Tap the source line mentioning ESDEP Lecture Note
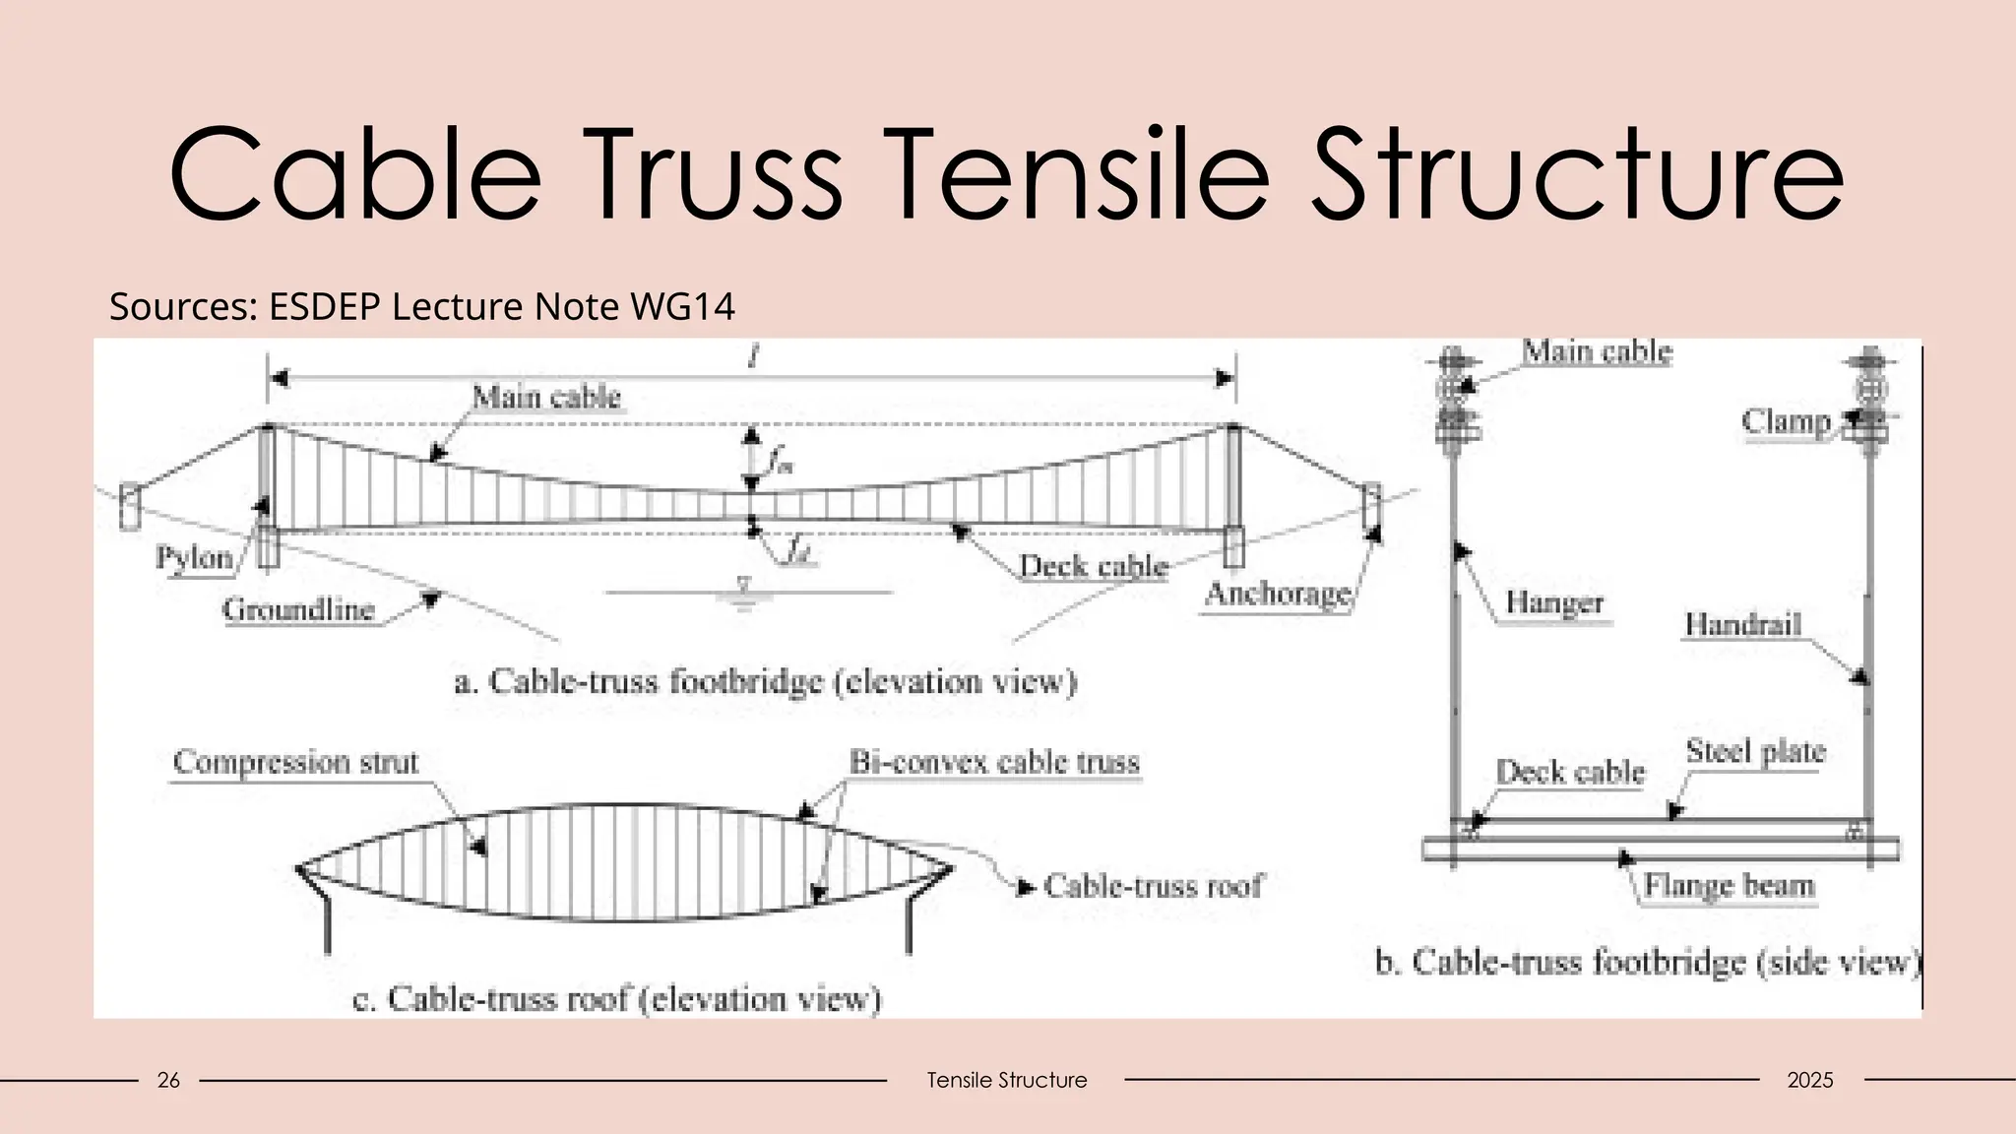point(421,307)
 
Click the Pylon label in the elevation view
point(194,557)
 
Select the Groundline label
point(298,610)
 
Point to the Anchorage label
point(1278,594)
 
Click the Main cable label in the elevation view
point(546,397)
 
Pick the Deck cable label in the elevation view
point(1093,566)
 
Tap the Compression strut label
point(295,762)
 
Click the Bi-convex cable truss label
point(994,762)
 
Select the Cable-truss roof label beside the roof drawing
point(1153,886)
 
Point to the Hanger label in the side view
point(1554,602)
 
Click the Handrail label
point(1742,624)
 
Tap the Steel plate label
point(1755,751)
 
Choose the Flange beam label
point(1729,885)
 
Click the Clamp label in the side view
point(1786,421)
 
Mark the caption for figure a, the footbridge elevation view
point(765,681)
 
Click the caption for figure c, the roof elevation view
point(616,999)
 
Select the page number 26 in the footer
point(168,1080)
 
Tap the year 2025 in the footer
point(1809,1080)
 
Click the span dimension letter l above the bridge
point(753,357)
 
